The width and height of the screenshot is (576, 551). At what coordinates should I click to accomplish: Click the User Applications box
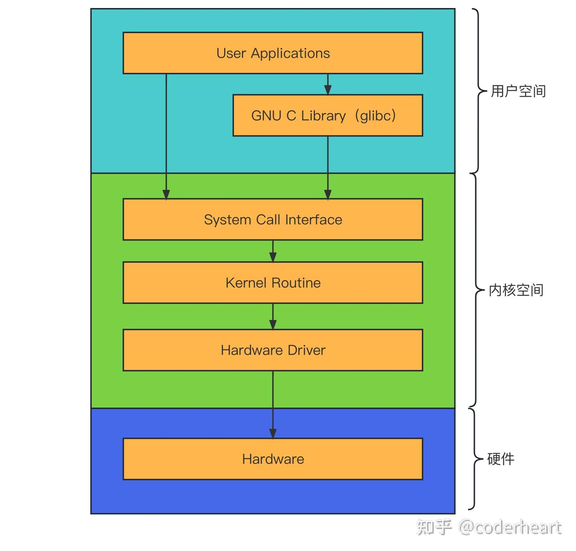tap(273, 53)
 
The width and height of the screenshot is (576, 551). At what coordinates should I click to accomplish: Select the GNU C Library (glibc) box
tap(328, 116)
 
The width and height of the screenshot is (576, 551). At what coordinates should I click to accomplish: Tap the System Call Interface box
tap(273, 219)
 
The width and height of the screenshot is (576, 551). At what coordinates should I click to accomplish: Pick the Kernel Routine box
tap(273, 283)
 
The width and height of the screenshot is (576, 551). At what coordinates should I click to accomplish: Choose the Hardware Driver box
tap(273, 350)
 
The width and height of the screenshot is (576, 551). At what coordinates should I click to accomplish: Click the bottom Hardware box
tap(273, 459)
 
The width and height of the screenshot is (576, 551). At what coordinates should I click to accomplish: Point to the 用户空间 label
tap(518, 91)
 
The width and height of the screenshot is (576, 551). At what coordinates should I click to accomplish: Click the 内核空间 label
tap(516, 290)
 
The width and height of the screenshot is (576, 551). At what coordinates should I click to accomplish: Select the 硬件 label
tap(501, 459)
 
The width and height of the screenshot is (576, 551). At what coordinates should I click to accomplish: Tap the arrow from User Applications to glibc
tap(328, 84)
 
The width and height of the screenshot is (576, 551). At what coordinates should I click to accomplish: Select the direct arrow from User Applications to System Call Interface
tap(166, 136)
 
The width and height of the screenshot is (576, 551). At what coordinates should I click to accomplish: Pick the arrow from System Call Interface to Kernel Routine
tap(273, 251)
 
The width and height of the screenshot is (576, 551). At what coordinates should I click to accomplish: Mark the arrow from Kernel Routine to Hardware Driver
tap(273, 316)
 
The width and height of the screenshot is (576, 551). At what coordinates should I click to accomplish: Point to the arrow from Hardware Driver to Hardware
tap(273, 404)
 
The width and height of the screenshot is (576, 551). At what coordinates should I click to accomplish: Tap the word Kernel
tap(246, 283)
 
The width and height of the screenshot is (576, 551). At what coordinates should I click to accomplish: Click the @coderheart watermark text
tap(510, 527)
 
